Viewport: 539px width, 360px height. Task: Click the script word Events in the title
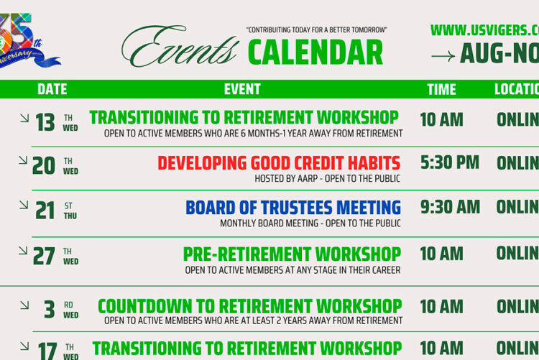coord(180,49)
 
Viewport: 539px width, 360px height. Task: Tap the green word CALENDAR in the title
coord(315,53)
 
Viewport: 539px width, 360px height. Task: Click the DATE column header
coord(52,89)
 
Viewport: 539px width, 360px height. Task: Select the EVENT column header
coord(242,89)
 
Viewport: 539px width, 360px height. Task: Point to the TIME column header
coord(441,89)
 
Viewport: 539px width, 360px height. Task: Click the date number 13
coord(45,123)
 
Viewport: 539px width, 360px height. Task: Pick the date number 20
coord(44,166)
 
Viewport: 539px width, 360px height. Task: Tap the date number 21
coord(45,211)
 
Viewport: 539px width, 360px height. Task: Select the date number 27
coord(45,257)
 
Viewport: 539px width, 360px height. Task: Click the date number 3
coord(49,310)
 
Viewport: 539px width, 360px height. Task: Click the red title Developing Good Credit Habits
coord(279,163)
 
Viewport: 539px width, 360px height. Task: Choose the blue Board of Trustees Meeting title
coord(293,208)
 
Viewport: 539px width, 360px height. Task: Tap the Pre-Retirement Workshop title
coord(292,254)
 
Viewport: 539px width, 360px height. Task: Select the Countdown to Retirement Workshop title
coord(249,306)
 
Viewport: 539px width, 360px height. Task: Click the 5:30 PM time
coord(450,162)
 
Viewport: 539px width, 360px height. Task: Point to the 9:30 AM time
coord(450,207)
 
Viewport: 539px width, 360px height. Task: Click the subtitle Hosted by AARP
coord(327,178)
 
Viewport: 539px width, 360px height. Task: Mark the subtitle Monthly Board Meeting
coord(310,223)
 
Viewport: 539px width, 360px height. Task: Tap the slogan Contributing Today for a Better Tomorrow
coord(316,30)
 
